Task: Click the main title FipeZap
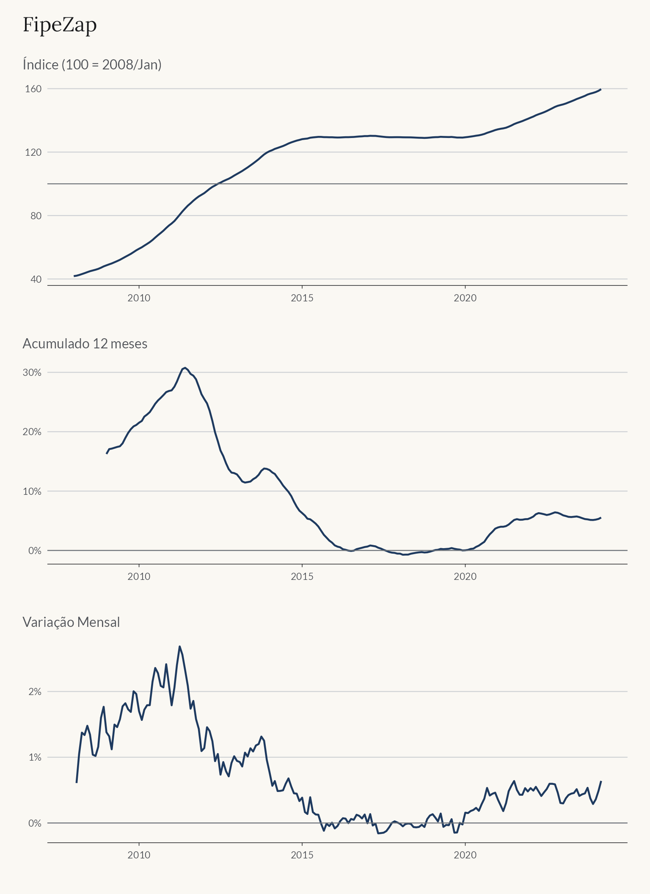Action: [x=60, y=25]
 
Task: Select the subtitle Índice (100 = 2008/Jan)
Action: [x=92, y=64]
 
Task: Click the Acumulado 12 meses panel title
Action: [x=85, y=343]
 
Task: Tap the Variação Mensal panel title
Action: [x=71, y=622]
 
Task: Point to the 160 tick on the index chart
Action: [x=33, y=88]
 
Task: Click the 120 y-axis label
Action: [x=33, y=152]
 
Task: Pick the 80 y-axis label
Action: [x=36, y=215]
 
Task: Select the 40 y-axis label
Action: [x=36, y=279]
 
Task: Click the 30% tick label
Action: [x=32, y=372]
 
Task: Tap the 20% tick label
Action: [x=32, y=432]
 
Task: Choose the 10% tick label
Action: [x=32, y=491]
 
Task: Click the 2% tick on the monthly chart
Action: [x=35, y=692]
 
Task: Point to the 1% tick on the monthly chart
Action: [x=35, y=757]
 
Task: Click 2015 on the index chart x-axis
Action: [x=302, y=298]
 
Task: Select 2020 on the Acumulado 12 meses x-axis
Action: [x=465, y=576]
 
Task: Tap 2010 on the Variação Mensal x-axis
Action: [x=139, y=855]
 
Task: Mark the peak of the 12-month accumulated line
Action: [x=185, y=368]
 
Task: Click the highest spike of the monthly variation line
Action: [x=179, y=646]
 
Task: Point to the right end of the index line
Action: [x=601, y=89]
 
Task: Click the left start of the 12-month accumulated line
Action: [x=107, y=454]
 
